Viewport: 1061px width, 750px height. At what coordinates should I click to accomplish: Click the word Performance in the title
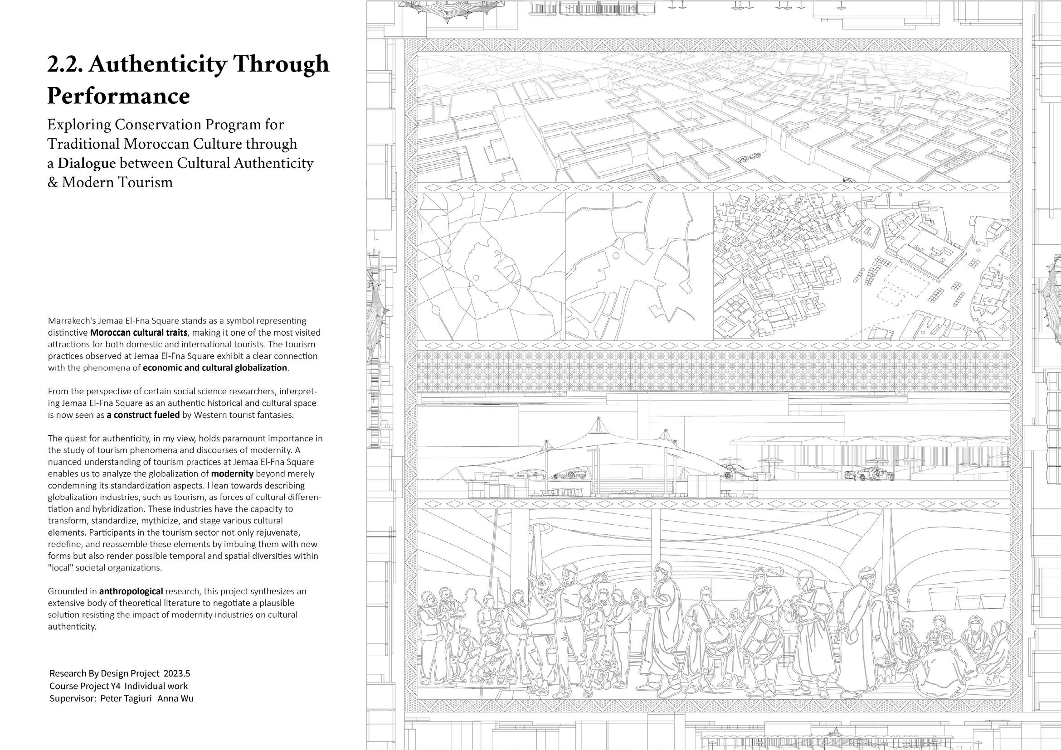(x=119, y=96)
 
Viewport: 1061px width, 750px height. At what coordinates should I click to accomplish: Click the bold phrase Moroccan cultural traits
(x=139, y=333)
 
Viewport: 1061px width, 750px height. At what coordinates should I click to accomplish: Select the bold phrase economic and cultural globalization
(x=215, y=368)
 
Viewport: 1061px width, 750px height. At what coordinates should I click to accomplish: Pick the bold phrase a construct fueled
(x=143, y=415)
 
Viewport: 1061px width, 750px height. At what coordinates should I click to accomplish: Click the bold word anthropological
(x=131, y=591)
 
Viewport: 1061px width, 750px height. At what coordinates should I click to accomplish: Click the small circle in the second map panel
(x=615, y=255)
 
